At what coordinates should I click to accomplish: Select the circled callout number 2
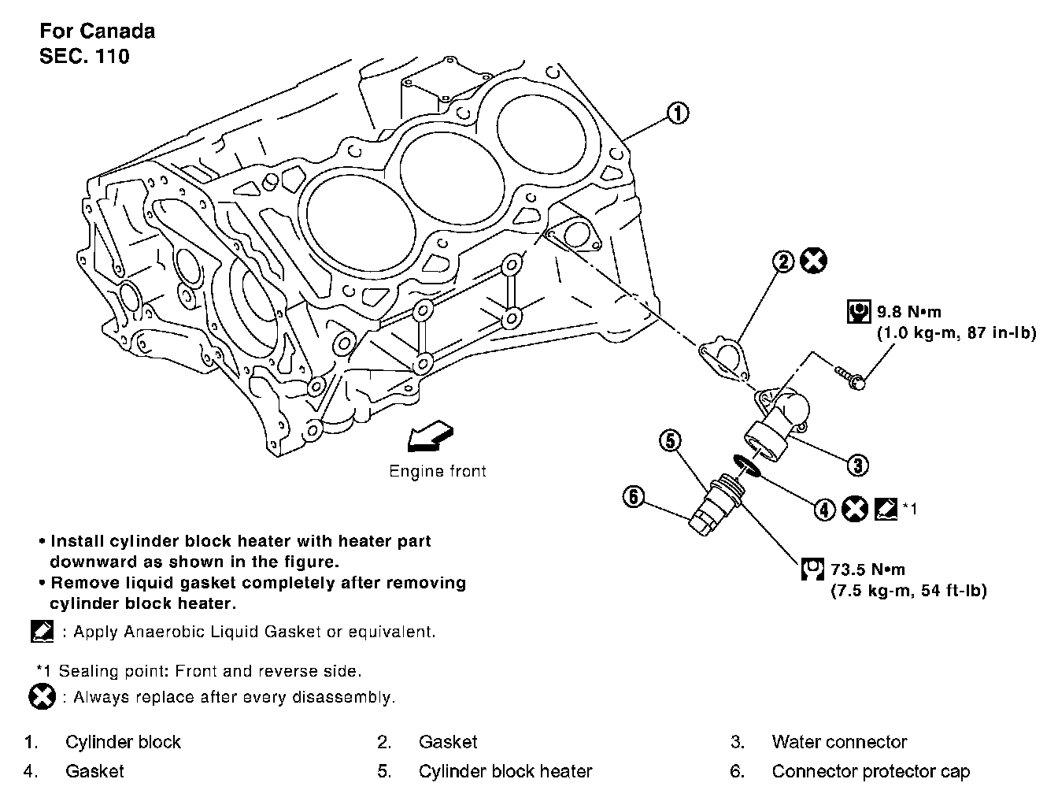(784, 262)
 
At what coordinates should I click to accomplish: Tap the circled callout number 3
(857, 465)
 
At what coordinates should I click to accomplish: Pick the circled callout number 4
(823, 510)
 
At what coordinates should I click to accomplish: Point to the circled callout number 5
(670, 440)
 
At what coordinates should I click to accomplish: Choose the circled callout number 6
(634, 496)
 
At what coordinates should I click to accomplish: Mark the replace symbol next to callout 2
(813, 261)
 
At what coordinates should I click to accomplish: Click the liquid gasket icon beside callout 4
(885, 509)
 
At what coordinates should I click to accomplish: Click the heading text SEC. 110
(84, 56)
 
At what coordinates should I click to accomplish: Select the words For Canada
(97, 31)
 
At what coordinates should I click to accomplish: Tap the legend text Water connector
(839, 742)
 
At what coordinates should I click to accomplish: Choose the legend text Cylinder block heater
(505, 771)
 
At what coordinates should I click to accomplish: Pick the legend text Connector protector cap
(871, 771)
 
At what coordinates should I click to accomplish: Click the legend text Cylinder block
(123, 742)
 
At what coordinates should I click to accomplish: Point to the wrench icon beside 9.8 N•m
(858, 312)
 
